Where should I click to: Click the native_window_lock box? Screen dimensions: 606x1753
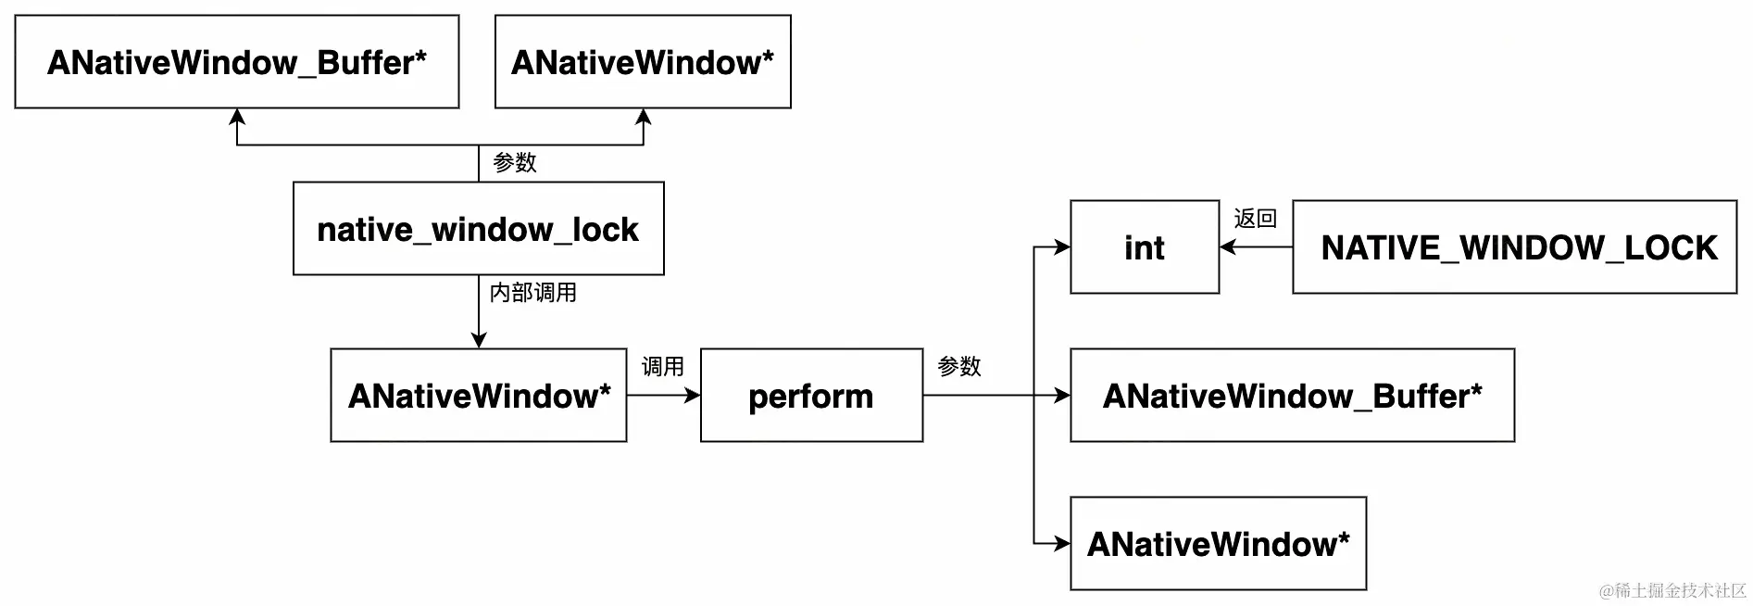(478, 229)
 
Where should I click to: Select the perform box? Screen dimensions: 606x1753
(811, 396)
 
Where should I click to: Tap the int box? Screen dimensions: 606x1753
(1145, 247)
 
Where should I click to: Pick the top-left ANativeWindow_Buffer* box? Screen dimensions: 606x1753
(237, 62)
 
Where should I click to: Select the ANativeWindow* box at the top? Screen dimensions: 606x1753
(643, 62)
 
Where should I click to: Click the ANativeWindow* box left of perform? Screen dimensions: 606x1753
(479, 396)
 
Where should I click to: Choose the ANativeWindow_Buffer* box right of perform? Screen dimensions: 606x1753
(1292, 396)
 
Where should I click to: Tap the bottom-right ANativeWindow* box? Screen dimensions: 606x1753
(1218, 544)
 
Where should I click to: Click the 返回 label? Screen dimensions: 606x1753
(1255, 219)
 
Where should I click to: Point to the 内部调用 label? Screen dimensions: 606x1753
(532, 293)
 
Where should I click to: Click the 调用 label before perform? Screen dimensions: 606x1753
(662, 367)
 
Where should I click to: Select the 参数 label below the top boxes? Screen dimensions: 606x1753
(514, 163)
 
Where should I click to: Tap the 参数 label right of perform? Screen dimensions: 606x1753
(958, 367)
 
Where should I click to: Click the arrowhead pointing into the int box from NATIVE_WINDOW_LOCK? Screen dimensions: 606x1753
(1228, 247)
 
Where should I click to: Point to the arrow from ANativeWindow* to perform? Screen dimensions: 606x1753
(663, 396)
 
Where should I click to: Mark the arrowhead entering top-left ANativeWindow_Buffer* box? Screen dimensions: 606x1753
(237, 117)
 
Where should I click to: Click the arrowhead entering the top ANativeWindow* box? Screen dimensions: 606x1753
(644, 117)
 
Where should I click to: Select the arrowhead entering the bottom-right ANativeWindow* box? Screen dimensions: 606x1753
(1062, 544)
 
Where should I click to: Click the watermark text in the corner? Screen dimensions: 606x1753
(1672, 591)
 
